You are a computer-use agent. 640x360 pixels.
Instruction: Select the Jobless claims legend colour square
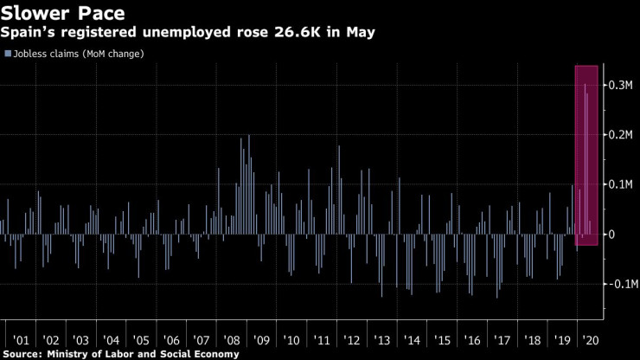7,54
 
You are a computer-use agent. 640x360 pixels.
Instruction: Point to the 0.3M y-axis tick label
621,86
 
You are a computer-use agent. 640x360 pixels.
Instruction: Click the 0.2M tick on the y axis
621,136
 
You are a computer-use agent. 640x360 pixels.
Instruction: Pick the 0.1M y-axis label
621,185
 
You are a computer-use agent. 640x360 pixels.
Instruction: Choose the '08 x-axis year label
232,340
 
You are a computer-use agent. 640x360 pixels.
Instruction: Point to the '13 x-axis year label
382,340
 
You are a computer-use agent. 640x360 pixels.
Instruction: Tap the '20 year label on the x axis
593,340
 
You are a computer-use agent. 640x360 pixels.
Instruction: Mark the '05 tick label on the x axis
141,340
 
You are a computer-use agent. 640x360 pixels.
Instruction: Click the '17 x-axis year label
502,340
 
